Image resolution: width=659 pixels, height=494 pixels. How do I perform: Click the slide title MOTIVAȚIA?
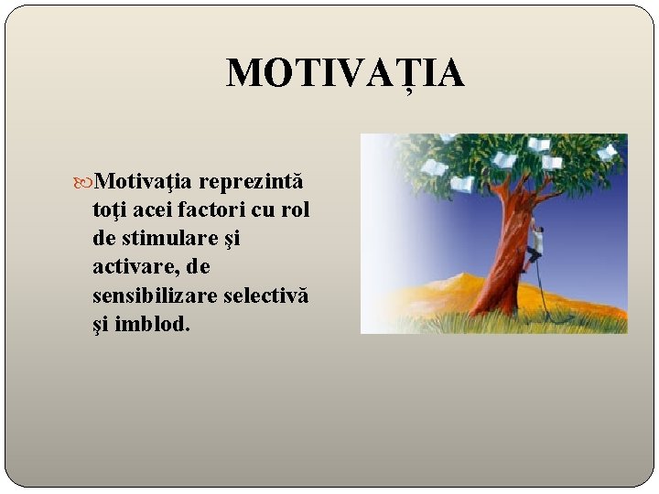point(345,73)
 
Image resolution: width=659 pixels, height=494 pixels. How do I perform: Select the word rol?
point(295,210)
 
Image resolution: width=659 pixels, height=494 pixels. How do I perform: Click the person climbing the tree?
point(536,242)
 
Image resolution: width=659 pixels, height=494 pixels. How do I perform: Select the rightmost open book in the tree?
point(608,152)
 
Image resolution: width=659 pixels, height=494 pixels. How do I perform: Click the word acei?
point(150,210)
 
